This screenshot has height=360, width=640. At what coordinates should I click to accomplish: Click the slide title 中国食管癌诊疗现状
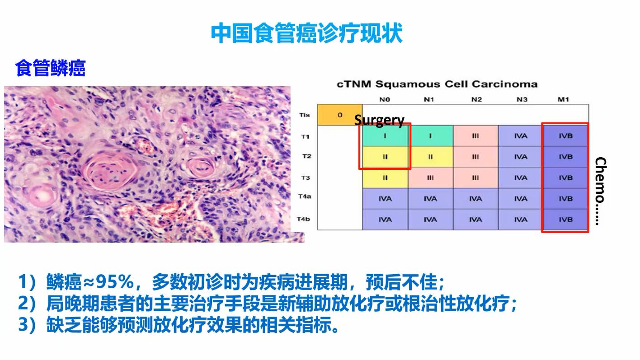306,33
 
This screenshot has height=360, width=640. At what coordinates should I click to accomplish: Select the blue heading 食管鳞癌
50,68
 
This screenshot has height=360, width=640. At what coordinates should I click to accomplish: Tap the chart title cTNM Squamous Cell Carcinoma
437,84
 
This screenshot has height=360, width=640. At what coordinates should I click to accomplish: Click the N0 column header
385,99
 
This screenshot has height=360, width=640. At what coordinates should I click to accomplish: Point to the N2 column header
476,99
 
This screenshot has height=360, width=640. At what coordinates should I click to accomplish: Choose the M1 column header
563,99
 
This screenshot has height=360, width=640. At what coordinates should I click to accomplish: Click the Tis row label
304,115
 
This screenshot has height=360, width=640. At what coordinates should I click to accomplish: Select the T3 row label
306,178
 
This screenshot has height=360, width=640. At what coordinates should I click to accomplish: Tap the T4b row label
303,219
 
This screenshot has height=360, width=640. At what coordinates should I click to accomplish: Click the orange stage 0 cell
340,115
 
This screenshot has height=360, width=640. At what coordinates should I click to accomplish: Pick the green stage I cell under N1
430,136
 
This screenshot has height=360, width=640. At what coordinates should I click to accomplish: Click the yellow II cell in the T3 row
385,178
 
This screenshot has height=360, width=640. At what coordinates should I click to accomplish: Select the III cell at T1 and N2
475,136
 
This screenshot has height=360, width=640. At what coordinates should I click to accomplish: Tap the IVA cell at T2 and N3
521,157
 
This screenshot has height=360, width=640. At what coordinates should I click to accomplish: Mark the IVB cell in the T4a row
566,199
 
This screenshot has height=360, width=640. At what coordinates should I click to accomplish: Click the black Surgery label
379,120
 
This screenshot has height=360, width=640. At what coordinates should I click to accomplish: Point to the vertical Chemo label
601,191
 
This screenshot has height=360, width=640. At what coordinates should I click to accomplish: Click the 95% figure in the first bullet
115,281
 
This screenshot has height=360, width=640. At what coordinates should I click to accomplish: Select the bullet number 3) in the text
27,324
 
